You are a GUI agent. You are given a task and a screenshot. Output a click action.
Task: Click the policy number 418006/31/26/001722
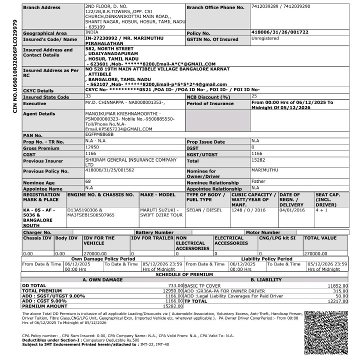280,32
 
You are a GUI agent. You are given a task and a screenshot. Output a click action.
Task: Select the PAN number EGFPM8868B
99,134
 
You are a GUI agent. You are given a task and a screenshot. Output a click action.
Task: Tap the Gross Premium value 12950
92,147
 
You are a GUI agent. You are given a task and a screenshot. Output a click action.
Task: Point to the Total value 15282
258,160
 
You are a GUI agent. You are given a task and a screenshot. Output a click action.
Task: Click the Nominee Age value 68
88,181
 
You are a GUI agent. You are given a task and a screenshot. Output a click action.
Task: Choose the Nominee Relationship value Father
258,181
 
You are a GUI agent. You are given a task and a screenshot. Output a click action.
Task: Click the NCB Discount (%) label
208,96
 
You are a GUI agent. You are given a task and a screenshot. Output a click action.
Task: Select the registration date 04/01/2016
292,210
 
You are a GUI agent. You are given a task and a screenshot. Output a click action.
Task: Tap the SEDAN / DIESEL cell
203,210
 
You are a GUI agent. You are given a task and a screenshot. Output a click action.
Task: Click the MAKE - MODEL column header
157,194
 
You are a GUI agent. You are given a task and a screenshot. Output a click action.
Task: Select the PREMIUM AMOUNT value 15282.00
171,306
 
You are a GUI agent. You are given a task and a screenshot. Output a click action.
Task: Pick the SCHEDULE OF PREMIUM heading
184,274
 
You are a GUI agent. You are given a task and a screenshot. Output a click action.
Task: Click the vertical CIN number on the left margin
15,66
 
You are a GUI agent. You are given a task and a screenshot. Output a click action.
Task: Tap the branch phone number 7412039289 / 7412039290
280,6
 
